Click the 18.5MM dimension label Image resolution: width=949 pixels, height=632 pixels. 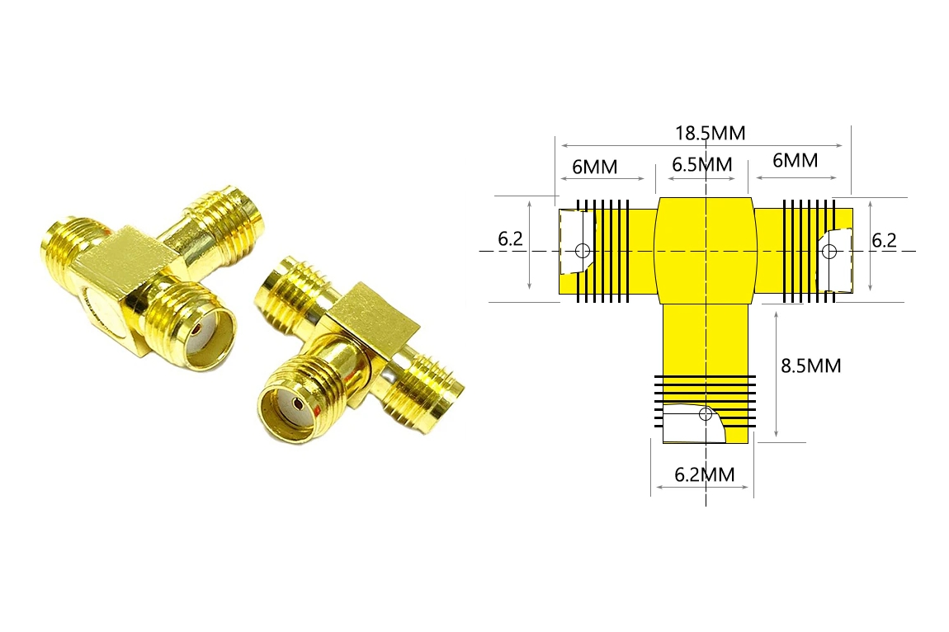(710, 133)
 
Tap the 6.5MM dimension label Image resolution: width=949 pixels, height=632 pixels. (702, 165)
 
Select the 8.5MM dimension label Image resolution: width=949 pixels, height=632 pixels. (811, 366)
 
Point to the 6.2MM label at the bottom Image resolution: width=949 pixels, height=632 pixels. (705, 474)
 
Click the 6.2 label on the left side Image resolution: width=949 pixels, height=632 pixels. (510, 239)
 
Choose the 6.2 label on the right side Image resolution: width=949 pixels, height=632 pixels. (884, 240)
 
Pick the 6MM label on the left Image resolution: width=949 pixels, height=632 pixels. (595, 167)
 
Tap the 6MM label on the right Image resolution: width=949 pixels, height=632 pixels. (796, 160)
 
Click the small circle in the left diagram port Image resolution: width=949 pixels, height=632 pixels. (583, 250)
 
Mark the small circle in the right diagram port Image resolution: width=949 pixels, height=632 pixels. (829, 251)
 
